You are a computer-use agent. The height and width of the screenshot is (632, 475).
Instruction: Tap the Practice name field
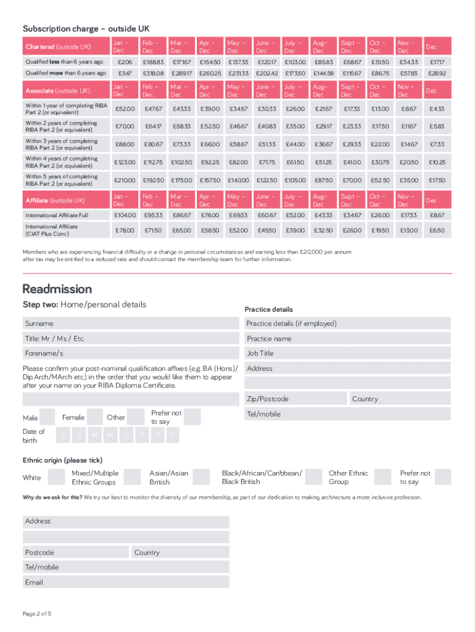347,339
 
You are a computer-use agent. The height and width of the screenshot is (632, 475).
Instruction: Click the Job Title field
347,354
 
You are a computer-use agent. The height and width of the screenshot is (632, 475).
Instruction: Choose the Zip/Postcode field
296,399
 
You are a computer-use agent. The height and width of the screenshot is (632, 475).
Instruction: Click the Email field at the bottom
126,582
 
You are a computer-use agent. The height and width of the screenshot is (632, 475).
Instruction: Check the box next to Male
47,417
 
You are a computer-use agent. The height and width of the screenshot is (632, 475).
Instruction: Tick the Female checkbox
94,417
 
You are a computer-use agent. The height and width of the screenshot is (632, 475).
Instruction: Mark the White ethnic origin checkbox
57,477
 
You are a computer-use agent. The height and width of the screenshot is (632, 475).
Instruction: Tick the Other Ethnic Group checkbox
382,477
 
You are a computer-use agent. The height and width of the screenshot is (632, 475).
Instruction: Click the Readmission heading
57,289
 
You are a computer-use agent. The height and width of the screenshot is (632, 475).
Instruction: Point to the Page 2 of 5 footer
37,613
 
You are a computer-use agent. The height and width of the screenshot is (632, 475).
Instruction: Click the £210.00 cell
125,180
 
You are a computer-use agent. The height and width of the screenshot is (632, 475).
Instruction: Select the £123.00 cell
125,162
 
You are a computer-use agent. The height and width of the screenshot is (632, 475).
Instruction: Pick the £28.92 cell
437,73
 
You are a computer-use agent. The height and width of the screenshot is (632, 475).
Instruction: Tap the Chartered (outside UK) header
58,47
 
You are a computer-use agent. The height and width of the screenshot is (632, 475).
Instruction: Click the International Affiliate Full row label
57,215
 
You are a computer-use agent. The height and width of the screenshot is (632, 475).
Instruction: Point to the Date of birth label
34,436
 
